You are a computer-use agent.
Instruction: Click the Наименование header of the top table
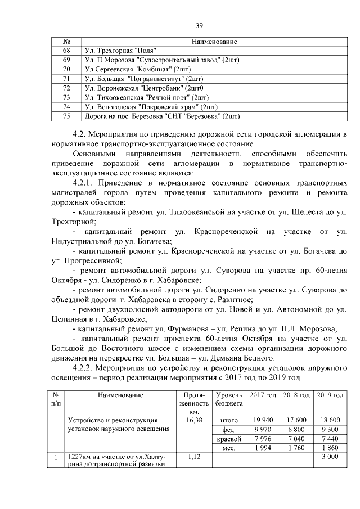click(x=214, y=42)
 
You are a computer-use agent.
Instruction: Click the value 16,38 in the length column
click(x=193, y=420)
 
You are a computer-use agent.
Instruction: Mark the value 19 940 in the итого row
click(x=263, y=420)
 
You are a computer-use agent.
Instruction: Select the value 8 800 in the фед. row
click(x=296, y=429)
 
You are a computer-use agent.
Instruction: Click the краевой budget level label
click(x=229, y=439)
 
